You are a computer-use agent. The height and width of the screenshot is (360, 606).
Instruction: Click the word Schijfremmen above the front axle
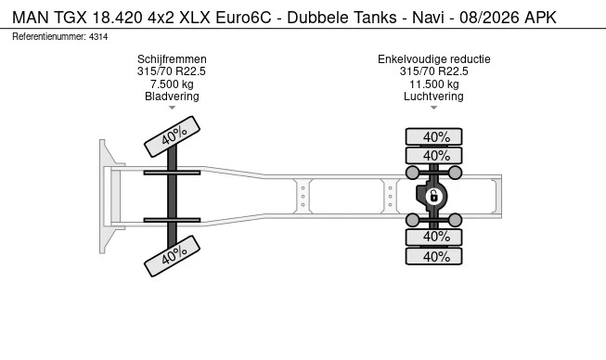click(x=172, y=59)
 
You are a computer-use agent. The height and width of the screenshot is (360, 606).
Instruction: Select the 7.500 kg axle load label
click(x=172, y=84)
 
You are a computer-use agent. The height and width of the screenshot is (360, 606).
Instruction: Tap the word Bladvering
click(x=172, y=96)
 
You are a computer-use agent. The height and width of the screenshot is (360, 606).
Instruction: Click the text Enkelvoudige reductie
click(x=433, y=59)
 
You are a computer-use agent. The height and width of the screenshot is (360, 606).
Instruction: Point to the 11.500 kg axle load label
click(x=433, y=84)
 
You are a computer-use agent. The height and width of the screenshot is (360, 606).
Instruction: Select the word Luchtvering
click(x=433, y=96)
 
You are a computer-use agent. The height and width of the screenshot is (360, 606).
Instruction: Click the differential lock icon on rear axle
click(x=432, y=196)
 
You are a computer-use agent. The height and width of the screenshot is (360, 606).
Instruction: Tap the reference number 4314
click(x=97, y=35)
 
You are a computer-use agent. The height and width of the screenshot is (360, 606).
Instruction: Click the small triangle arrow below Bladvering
click(x=172, y=109)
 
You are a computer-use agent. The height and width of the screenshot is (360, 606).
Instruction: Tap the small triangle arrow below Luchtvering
click(x=433, y=109)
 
